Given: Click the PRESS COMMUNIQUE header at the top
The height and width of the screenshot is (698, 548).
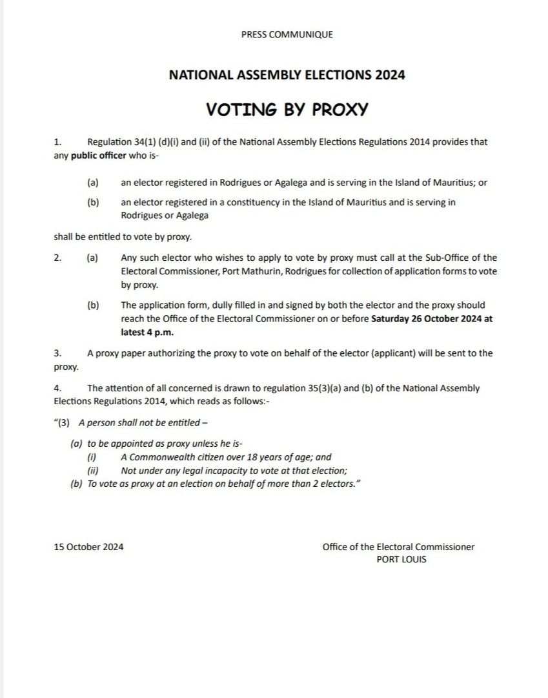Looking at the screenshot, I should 287,34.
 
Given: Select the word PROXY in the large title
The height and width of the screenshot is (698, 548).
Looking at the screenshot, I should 340,109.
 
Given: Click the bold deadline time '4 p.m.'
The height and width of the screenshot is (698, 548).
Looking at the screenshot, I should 159,333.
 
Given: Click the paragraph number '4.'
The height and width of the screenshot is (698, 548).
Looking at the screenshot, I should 58,389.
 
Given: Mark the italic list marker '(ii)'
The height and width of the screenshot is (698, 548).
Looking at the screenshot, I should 92,471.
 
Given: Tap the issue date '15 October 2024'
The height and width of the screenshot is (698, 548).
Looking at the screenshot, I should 89,548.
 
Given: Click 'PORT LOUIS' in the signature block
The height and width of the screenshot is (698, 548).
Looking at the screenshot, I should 401,560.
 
